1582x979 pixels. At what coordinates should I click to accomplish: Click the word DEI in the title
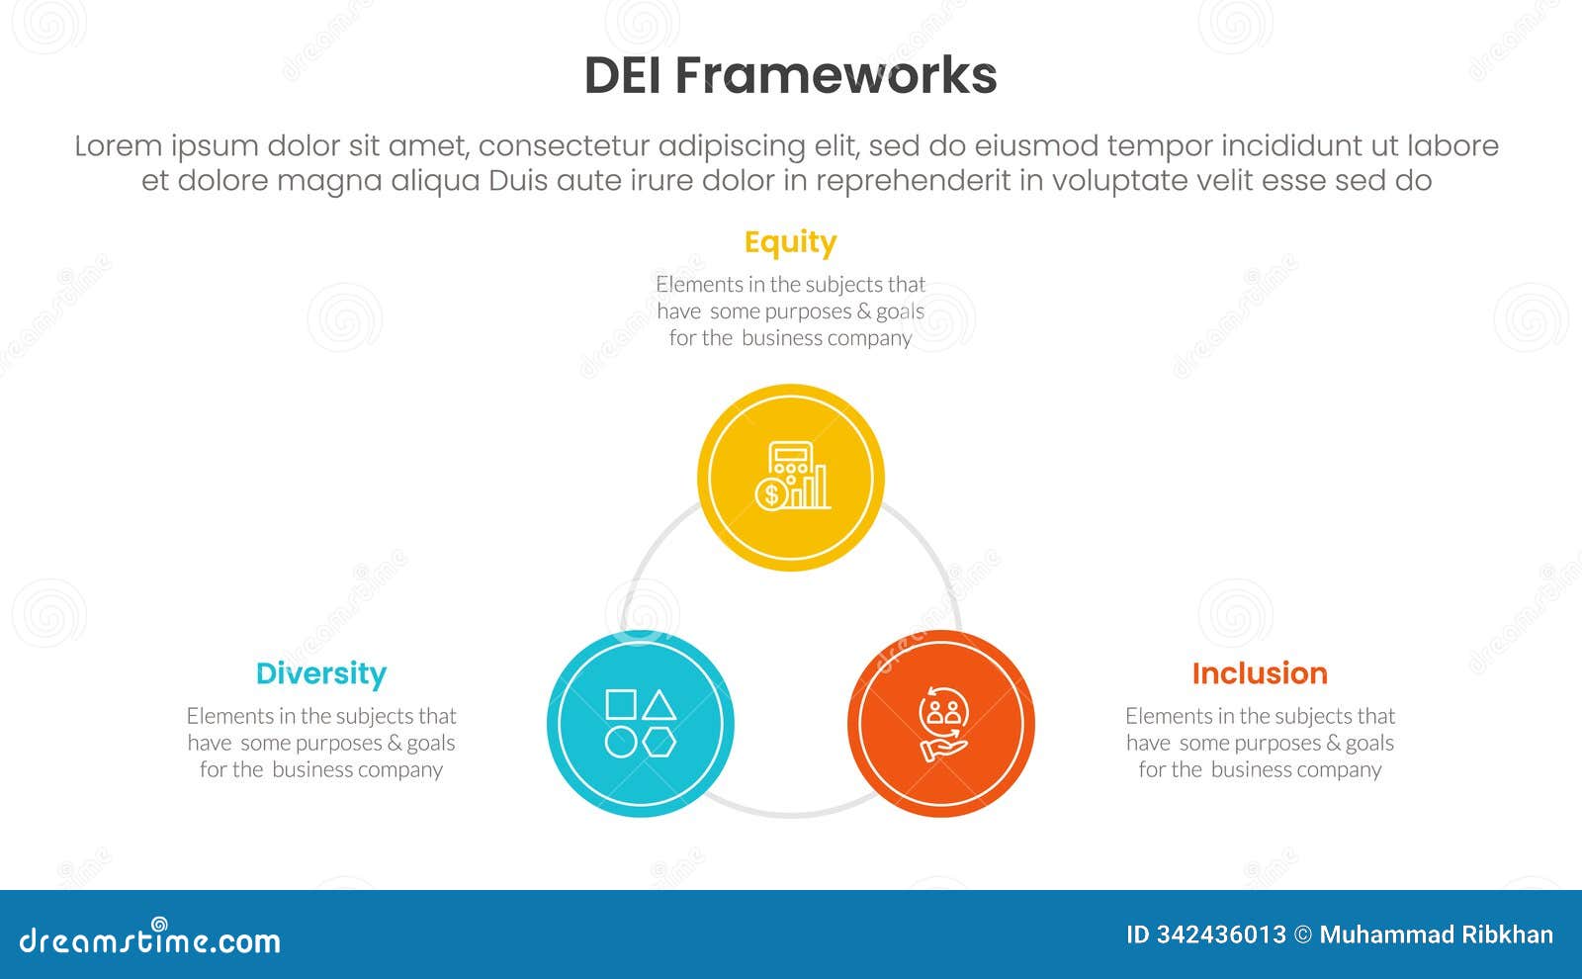pyautogui.click(x=623, y=76)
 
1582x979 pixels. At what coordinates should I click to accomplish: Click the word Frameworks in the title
pyautogui.click(x=835, y=76)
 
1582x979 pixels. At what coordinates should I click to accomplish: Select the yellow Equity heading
pyautogui.click(x=790, y=242)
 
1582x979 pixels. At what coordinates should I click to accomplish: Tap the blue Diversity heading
pyautogui.click(x=320, y=673)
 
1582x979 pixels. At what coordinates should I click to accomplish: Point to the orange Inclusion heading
pyautogui.click(x=1259, y=673)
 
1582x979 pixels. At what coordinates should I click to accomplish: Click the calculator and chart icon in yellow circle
pyautogui.click(x=792, y=477)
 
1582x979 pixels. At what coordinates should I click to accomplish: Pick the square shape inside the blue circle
pyautogui.click(x=621, y=704)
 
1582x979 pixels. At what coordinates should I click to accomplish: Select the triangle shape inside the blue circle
pyautogui.click(x=659, y=705)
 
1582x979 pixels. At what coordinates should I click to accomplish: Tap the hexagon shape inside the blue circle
pyautogui.click(x=659, y=742)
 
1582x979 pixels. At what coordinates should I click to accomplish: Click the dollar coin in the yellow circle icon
pyautogui.click(x=770, y=494)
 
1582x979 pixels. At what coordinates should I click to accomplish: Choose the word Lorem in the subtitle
pyautogui.click(x=118, y=146)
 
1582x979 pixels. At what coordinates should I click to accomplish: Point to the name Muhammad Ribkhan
pyautogui.click(x=1436, y=934)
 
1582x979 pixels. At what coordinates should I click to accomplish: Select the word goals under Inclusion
pyautogui.click(x=1369, y=743)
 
